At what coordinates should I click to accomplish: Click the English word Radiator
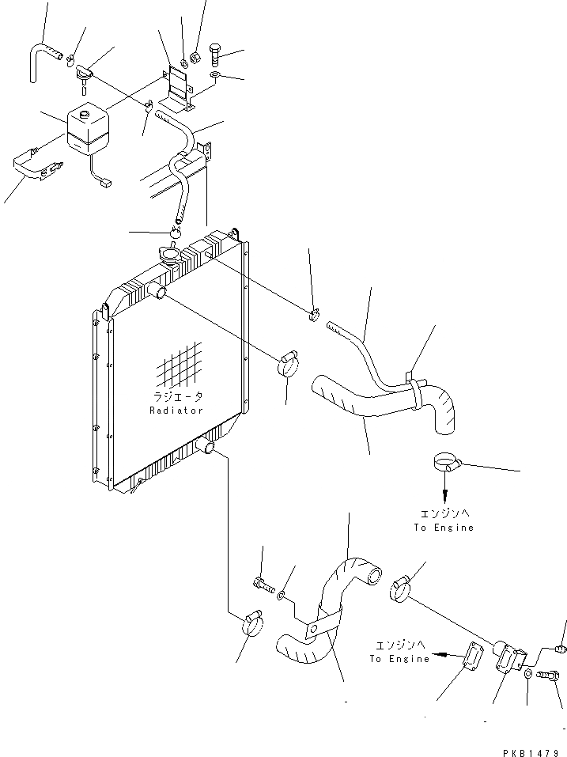tap(176, 411)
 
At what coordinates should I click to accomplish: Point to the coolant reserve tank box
tap(89, 130)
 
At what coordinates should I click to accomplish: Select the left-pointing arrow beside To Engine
tap(450, 655)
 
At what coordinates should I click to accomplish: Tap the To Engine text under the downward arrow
tap(444, 528)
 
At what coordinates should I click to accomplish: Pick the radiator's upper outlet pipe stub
tap(161, 293)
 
